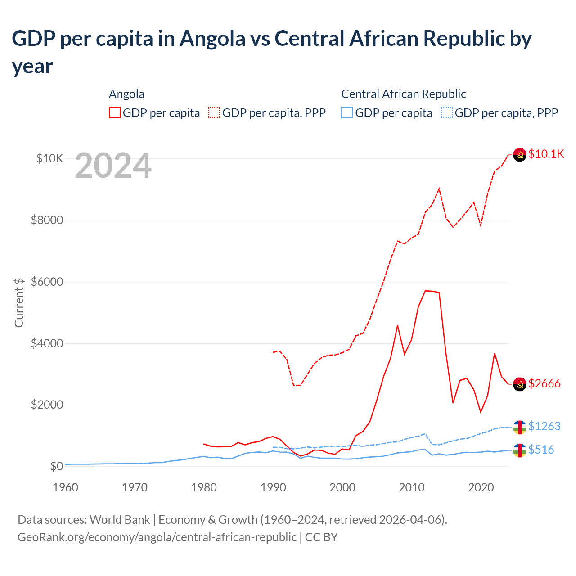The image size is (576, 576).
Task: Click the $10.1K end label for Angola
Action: (x=546, y=154)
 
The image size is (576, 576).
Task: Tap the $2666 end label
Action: (x=544, y=383)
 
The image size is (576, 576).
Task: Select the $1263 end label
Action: (x=544, y=426)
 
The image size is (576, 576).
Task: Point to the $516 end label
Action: (x=541, y=450)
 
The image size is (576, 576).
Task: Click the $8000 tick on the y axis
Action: (x=47, y=220)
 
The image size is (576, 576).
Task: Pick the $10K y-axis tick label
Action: (x=49, y=158)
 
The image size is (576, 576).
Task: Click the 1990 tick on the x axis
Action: (x=273, y=487)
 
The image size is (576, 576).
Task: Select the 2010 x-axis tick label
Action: (x=412, y=487)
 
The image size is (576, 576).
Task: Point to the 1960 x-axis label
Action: (x=66, y=487)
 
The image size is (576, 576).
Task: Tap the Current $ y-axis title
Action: (x=19, y=302)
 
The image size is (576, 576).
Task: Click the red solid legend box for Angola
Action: (x=115, y=112)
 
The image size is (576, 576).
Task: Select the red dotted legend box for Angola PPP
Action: (x=214, y=112)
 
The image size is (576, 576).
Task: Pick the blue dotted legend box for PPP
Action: (x=447, y=112)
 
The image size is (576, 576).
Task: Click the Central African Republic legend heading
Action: (x=403, y=94)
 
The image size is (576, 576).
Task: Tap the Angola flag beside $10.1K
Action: (x=520, y=154)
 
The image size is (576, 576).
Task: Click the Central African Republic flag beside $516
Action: (x=520, y=450)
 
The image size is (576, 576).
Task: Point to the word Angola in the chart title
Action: (x=212, y=39)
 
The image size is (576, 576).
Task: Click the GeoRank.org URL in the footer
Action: (x=157, y=537)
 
